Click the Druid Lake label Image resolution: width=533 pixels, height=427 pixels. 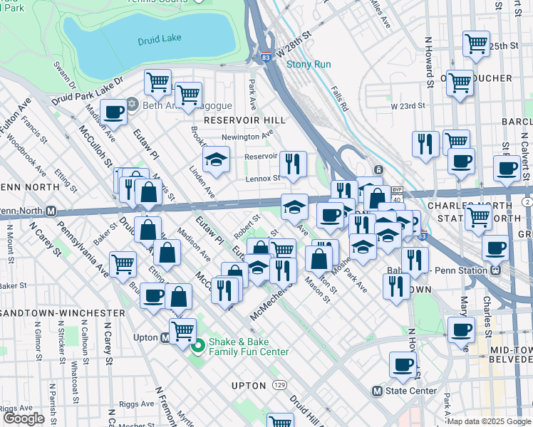coord(162,38)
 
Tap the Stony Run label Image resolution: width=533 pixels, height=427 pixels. coord(309,64)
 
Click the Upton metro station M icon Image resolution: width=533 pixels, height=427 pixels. coord(165,338)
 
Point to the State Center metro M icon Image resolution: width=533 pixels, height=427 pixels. coord(378,391)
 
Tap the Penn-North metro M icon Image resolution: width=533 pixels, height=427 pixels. coord(51,211)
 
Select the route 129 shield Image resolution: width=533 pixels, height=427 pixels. coord(279,385)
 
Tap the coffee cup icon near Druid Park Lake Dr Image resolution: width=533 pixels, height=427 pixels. coord(113,111)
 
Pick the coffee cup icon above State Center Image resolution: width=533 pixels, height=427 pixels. coord(403,364)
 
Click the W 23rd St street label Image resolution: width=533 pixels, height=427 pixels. coord(408,106)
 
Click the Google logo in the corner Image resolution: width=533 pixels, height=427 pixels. coord(23,418)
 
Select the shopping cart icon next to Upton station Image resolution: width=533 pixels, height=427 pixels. coord(182,330)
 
